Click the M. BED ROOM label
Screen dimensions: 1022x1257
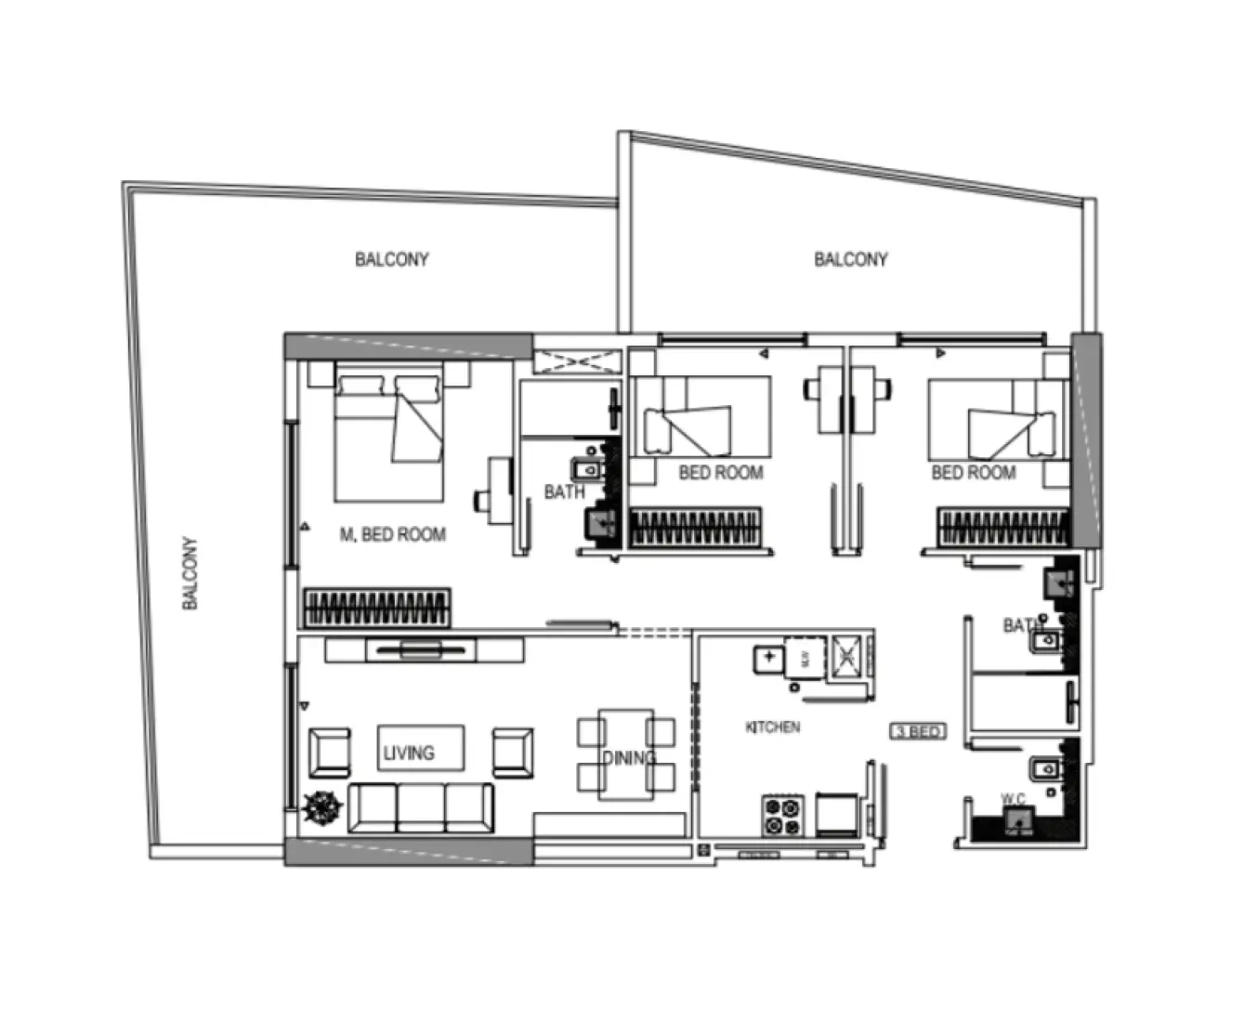pyautogui.click(x=392, y=534)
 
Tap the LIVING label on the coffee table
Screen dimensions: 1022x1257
pyautogui.click(x=409, y=753)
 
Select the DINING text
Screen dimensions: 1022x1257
pyautogui.click(x=629, y=758)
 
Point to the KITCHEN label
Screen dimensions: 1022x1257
pyautogui.click(x=772, y=727)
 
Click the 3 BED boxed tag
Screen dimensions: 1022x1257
pyautogui.click(x=918, y=731)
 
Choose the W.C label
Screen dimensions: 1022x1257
pyautogui.click(x=1013, y=798)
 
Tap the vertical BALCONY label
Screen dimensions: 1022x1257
pyautogui.click(x=190, y=572)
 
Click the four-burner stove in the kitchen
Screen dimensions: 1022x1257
pyautogui.click(x=782, y=815)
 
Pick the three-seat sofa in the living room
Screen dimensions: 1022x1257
pyautogui.click(x=421, y=807)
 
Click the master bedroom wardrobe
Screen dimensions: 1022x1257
pyautogui.click(x=376, y=609)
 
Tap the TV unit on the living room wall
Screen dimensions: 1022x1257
pyautogui.click(x=422, y=649)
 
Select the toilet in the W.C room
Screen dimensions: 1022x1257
pyautogui.click(x=1019, y=820)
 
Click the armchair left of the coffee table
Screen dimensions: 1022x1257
pyautogui.click(x=330, y=752)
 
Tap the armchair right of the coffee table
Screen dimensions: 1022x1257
pyautogui.click(x=513, y=752)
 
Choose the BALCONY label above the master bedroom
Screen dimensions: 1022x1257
pyautogui.click(x=391, y=259)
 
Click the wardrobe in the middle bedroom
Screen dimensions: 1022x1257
pyautogui.click(x=696, y=528)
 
